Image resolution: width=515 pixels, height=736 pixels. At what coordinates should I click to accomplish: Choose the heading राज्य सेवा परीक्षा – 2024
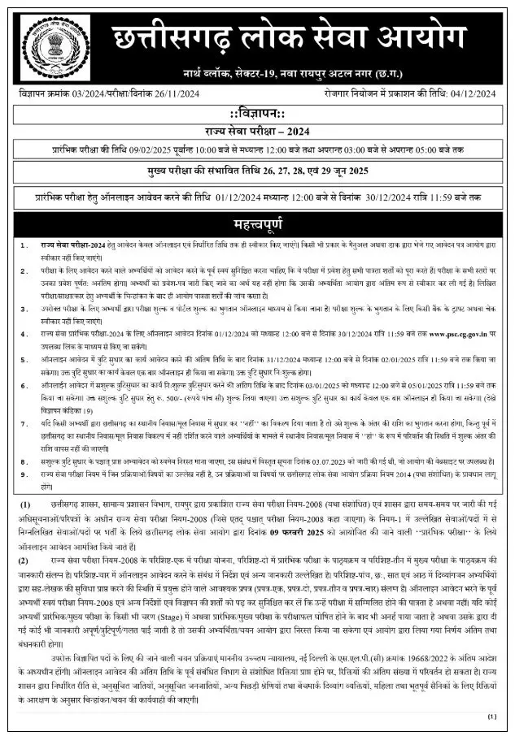258,130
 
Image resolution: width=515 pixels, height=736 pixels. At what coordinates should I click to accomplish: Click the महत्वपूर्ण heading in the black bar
258,223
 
